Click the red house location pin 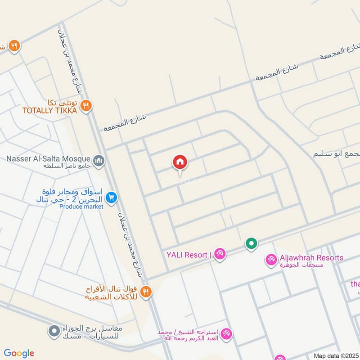click(x=180, y=162)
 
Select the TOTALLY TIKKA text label click(x=50, y=110)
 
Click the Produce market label click(x=81, y=207)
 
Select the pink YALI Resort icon click(x=220, y=254)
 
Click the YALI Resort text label click(x=188, y=255)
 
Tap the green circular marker click(x=251, y=244)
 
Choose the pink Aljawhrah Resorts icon click(x=271, y=260)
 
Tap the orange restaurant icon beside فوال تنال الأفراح click(x=145, y=292)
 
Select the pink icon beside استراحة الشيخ click(x=226, y=333)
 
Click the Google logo click(x=19, y=353)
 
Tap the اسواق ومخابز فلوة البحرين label click(x=71, y=194)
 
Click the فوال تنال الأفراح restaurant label click(x=112, y=292)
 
